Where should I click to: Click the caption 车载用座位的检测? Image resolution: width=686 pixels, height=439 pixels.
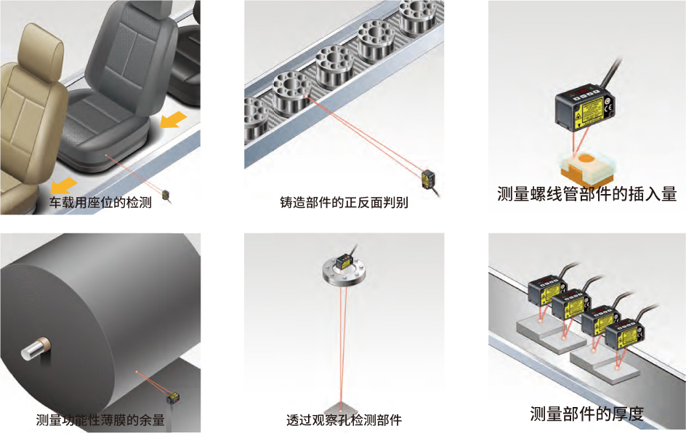100,202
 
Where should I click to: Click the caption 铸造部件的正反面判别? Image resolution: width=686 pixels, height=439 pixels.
344,202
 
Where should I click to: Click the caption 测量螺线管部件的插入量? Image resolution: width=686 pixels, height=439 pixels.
586,193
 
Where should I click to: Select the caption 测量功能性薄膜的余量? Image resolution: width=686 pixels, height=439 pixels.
100,420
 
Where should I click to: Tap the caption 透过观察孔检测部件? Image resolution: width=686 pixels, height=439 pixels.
344,420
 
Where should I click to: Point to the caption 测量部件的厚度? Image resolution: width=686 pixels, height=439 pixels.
586,413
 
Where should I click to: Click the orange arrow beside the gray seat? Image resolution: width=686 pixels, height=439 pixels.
173,119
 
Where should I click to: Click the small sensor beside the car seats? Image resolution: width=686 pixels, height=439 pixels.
166,196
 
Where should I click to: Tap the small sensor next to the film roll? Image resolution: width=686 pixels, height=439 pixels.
173,398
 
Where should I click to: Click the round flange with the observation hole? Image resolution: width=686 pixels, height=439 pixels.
344,273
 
